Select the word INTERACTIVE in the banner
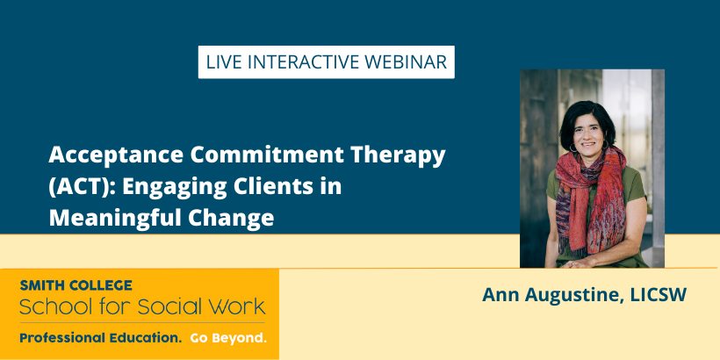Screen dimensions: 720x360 click(302, 62)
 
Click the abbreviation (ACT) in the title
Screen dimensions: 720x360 click(82, 187)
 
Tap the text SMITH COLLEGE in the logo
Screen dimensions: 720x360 click(76, 285)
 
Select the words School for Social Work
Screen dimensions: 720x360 click(142, 306)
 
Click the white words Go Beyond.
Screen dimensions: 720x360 click(228, 339)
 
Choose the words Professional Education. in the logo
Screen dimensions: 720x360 click(101, 339)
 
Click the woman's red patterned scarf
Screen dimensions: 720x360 click(592, 193)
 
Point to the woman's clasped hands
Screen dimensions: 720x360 click(580, 263)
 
